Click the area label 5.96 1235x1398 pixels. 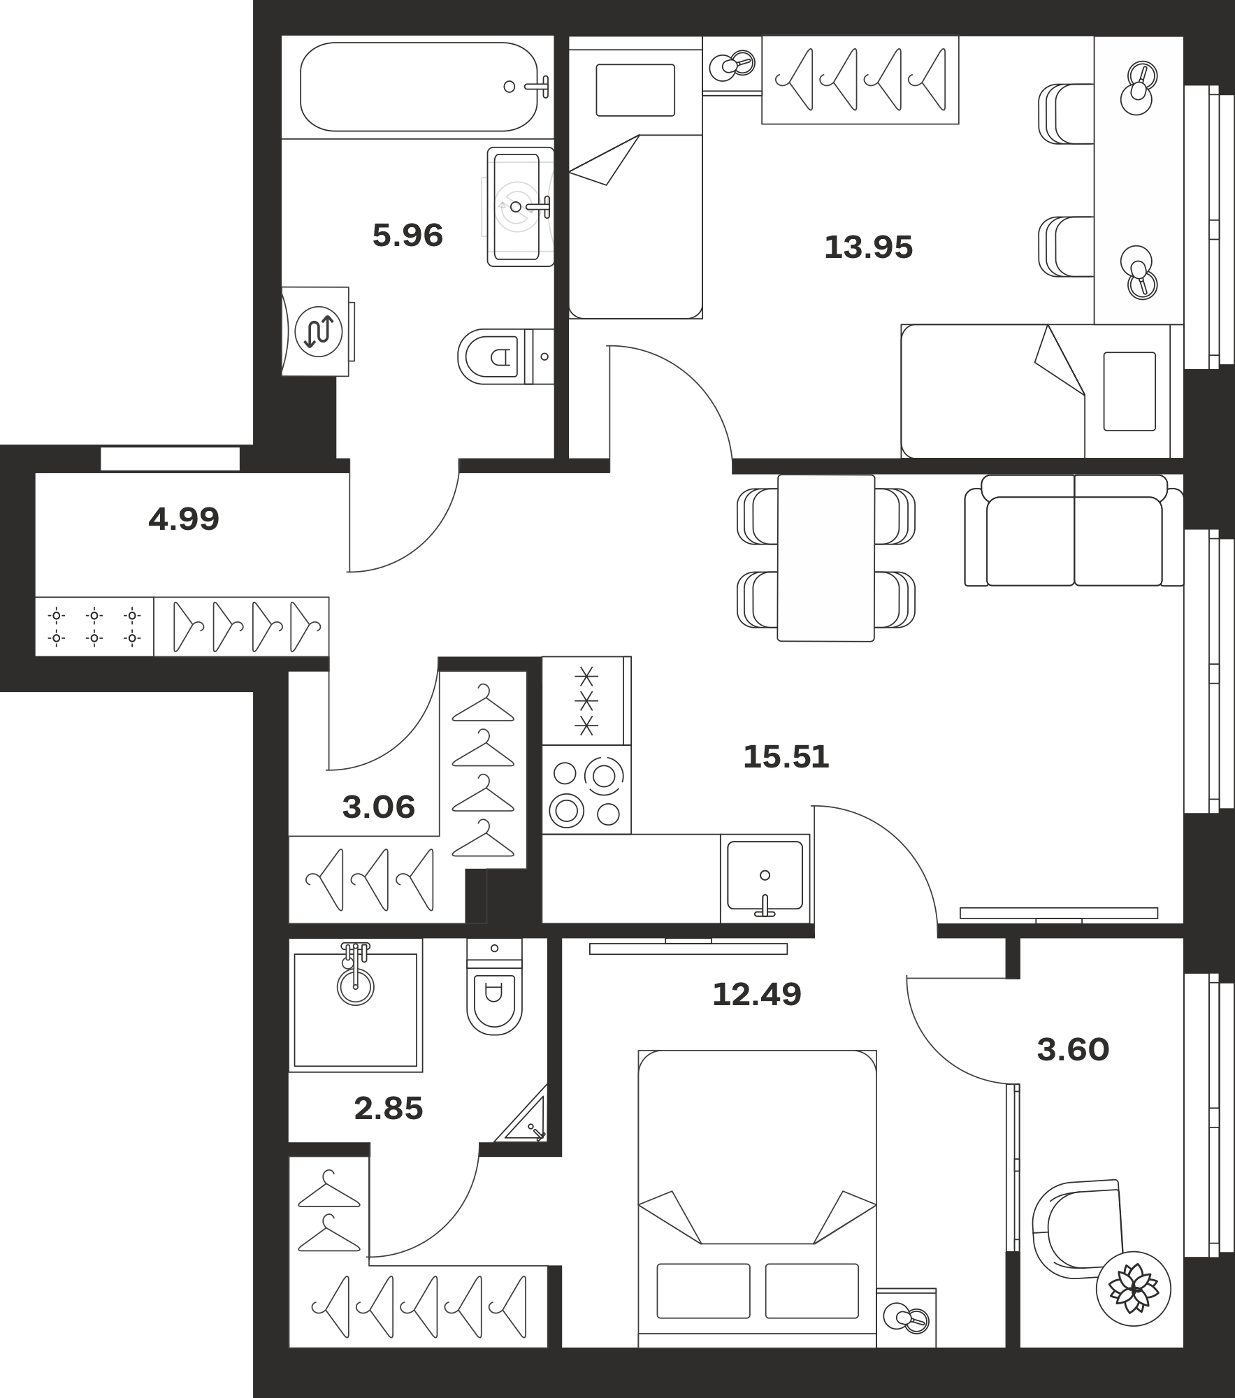tap(407, 236)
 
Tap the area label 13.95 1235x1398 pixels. tap(868, 247)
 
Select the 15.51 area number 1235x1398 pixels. tap(786, 756)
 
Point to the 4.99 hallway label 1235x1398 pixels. tap(184, 519)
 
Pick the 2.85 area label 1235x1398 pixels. tap(389, 1108)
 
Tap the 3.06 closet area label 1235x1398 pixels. tap(379, 807)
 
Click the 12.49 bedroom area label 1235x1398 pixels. tap(756, 994)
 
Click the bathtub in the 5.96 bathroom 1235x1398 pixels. tap(419, 87)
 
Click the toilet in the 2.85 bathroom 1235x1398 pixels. tap(494, 986)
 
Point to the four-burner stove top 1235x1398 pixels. tap(586, 789)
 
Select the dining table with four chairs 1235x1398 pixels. tap(825, 558)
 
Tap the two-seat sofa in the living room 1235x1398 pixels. tap(1074, 531)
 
